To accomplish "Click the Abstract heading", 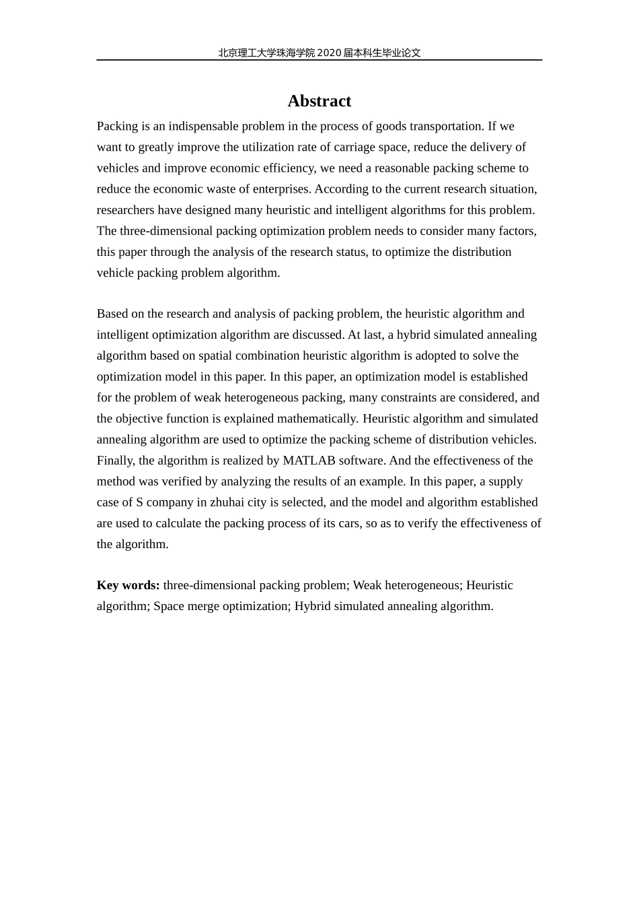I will coord(319,101).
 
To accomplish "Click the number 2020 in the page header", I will coord(328,53).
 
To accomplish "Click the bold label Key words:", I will coord(128,585).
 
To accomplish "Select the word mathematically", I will coord(319,419).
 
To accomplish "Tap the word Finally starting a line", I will coord(115,461).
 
